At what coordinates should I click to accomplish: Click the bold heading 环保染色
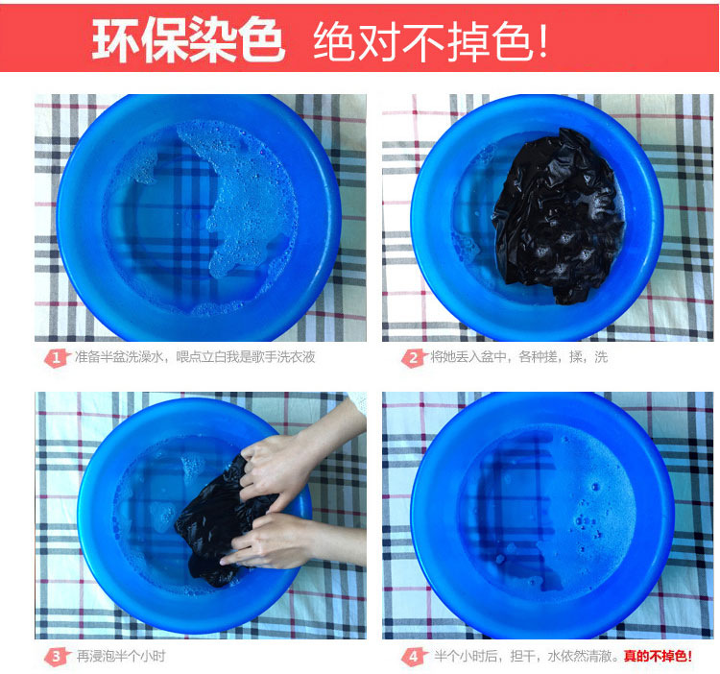coord(188,40)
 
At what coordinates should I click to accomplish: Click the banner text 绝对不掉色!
coord(431,41)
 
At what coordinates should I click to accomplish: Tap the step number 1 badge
coord(57,358)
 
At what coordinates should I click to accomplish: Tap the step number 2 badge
coord(414,358)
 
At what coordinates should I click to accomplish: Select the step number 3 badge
coord(57,657)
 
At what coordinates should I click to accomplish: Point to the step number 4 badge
coord(414,657)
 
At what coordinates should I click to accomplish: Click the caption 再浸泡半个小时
coord(121,657)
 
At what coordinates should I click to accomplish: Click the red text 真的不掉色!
coord(658,656)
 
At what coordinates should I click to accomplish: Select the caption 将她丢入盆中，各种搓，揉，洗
coord(518,357)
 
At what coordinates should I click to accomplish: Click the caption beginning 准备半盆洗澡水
coord(195,357)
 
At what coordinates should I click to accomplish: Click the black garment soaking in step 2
coord(557,216)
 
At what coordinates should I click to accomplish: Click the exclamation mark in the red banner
coord(542,41)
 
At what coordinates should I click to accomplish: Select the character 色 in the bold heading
coord(260,40)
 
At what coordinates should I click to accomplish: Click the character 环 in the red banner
coord(116,40)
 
